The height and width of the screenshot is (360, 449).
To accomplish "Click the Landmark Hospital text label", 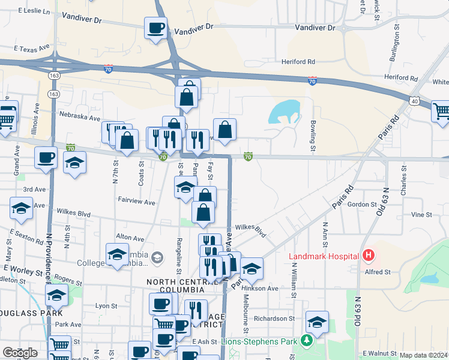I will [x=324, y=256].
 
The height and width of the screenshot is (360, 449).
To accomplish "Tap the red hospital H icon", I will [x=369, y=256].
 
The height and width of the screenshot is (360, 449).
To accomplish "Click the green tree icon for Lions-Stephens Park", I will [x=307, y=341].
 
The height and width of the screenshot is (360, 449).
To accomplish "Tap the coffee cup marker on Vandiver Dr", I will [x=155, y=28].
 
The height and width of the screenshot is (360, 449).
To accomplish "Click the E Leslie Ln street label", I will [x=35, y=11].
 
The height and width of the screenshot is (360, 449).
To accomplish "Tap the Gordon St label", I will [x=361, y=204].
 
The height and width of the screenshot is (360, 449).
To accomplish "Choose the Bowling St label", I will [x=313, y=136].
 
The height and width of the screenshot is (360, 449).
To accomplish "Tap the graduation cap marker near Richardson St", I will [x=317, y=322].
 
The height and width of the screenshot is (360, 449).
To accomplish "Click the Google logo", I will [x=20, y=353].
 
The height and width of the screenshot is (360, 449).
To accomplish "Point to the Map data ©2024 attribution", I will [x=423, y=355].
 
